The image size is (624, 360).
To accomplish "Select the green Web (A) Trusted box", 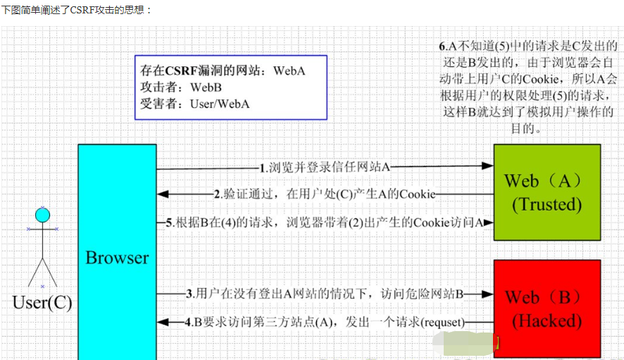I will point(547,192).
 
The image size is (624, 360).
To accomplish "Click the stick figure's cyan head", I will point(43,215).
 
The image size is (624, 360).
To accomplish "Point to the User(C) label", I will point(42,303).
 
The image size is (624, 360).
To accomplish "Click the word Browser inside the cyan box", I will point(117,258).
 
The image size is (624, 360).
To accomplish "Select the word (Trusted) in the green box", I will point(547,204).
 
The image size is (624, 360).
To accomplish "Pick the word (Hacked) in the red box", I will point(547,321).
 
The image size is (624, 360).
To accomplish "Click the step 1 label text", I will point(325,168).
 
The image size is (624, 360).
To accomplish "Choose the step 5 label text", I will point(325,223).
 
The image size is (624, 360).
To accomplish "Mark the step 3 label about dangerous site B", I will point(325,293).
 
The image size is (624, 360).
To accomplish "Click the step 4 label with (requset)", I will point(325,322).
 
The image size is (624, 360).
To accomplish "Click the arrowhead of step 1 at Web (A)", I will point(487,166).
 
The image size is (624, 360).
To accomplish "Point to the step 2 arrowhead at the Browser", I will point(163,194).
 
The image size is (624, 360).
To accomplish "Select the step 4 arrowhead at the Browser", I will point(163,322).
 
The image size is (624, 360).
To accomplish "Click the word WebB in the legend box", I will point(206,87).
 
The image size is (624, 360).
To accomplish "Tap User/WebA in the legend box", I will point(220,104).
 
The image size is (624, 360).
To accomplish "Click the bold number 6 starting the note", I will point(442,46).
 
